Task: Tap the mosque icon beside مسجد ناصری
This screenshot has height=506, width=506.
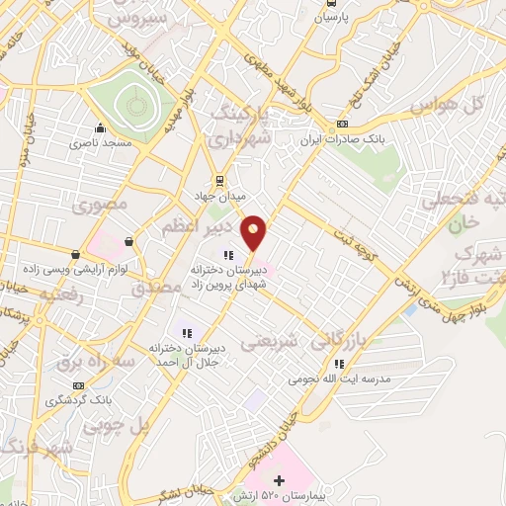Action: (100, 128)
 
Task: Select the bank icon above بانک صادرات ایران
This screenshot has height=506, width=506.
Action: (342, 124)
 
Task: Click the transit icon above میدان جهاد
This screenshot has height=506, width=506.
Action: (219, 181)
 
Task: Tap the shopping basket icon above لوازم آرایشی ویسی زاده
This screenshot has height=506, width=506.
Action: (129, 241)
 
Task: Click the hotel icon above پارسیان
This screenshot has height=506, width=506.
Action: (331, 4)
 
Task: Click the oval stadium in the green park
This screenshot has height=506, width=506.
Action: (129, 103)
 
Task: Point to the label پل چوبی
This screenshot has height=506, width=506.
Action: (114, 427)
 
